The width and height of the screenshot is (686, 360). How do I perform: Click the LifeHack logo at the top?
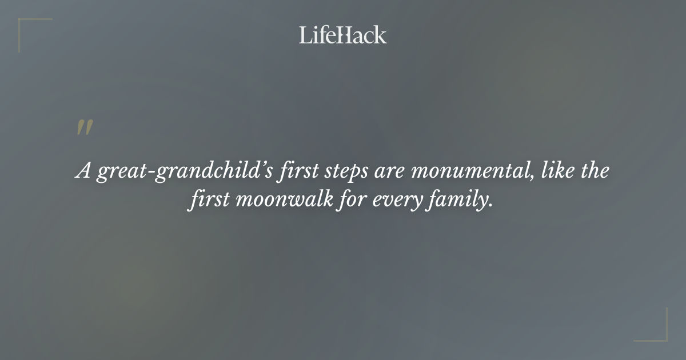(x=343, y=35)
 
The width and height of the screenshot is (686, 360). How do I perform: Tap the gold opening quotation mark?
(x=85, y=128)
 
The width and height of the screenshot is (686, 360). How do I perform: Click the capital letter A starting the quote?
(x=83, y=171)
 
